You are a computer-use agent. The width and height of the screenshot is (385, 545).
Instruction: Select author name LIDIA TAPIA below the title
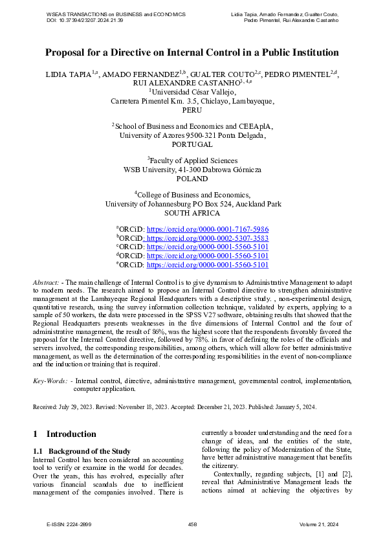[x=68, y=74]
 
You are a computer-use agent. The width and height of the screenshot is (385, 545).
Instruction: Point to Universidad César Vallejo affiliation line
[x=192, y=93]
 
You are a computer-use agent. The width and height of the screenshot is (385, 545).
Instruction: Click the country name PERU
[x=192, y=110]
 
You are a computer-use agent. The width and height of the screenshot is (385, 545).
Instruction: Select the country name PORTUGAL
[x=192, y=144]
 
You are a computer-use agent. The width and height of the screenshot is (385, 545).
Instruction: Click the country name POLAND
[x=192, y=179]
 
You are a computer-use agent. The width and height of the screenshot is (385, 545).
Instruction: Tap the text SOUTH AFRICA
[x=192, y=213]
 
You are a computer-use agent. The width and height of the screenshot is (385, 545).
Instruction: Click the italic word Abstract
[x=45, y=283]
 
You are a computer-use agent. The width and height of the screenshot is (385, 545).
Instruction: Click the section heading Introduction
[x=71, y=434]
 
